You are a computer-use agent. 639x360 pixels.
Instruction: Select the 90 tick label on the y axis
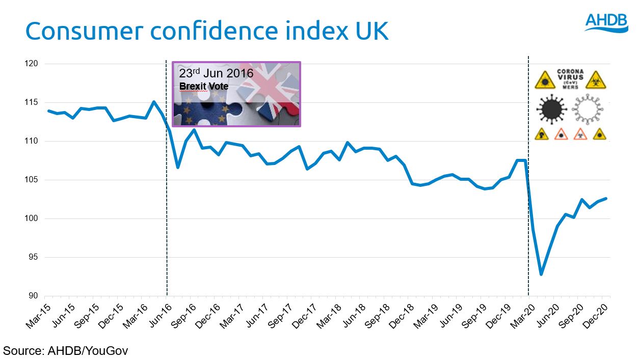pos(34,296)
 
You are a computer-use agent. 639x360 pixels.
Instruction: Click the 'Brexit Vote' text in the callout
pos(204,87)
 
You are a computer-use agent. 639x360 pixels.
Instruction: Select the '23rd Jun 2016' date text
pos(216,73)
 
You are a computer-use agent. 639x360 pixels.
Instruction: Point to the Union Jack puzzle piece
pos(275,92)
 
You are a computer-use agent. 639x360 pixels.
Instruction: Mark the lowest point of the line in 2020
pos(541,274)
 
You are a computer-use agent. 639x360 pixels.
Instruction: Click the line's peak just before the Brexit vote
pos(154,101)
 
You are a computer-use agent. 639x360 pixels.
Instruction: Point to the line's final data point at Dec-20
pos(606,199)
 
